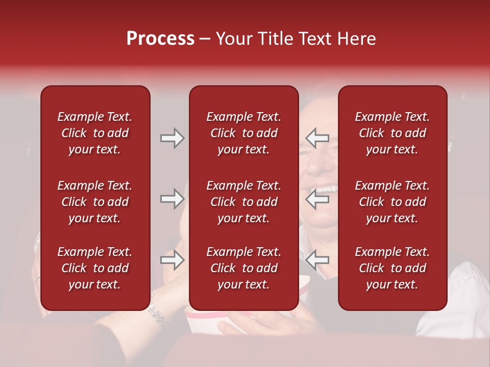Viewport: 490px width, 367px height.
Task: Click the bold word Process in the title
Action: pos(160,39)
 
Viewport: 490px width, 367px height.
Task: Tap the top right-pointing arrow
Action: pos(172,138)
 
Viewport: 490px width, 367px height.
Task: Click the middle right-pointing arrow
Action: pos(172,198)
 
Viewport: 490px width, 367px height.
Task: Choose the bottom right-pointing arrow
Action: pos(172,260)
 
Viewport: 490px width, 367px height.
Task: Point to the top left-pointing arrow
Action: pos(317,138)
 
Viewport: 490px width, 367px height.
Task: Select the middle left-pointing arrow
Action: pos(317,198)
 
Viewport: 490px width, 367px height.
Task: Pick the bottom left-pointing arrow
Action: pos(317,260)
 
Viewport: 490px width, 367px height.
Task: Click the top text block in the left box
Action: pos(95,133)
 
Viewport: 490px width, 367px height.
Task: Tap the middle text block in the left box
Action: pos(95,202)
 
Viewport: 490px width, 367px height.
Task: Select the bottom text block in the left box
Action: pos(95,268)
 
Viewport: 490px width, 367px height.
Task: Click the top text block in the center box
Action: pos(243,133)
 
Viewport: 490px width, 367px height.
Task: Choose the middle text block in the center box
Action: pos(243,202)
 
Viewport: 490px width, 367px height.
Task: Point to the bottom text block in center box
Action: pos(243,268)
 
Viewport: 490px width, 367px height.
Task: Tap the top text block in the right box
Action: pos(392,133)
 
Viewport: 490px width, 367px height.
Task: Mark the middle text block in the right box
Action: pos(392,202)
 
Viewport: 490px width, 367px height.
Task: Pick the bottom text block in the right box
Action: pos(392,268)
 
